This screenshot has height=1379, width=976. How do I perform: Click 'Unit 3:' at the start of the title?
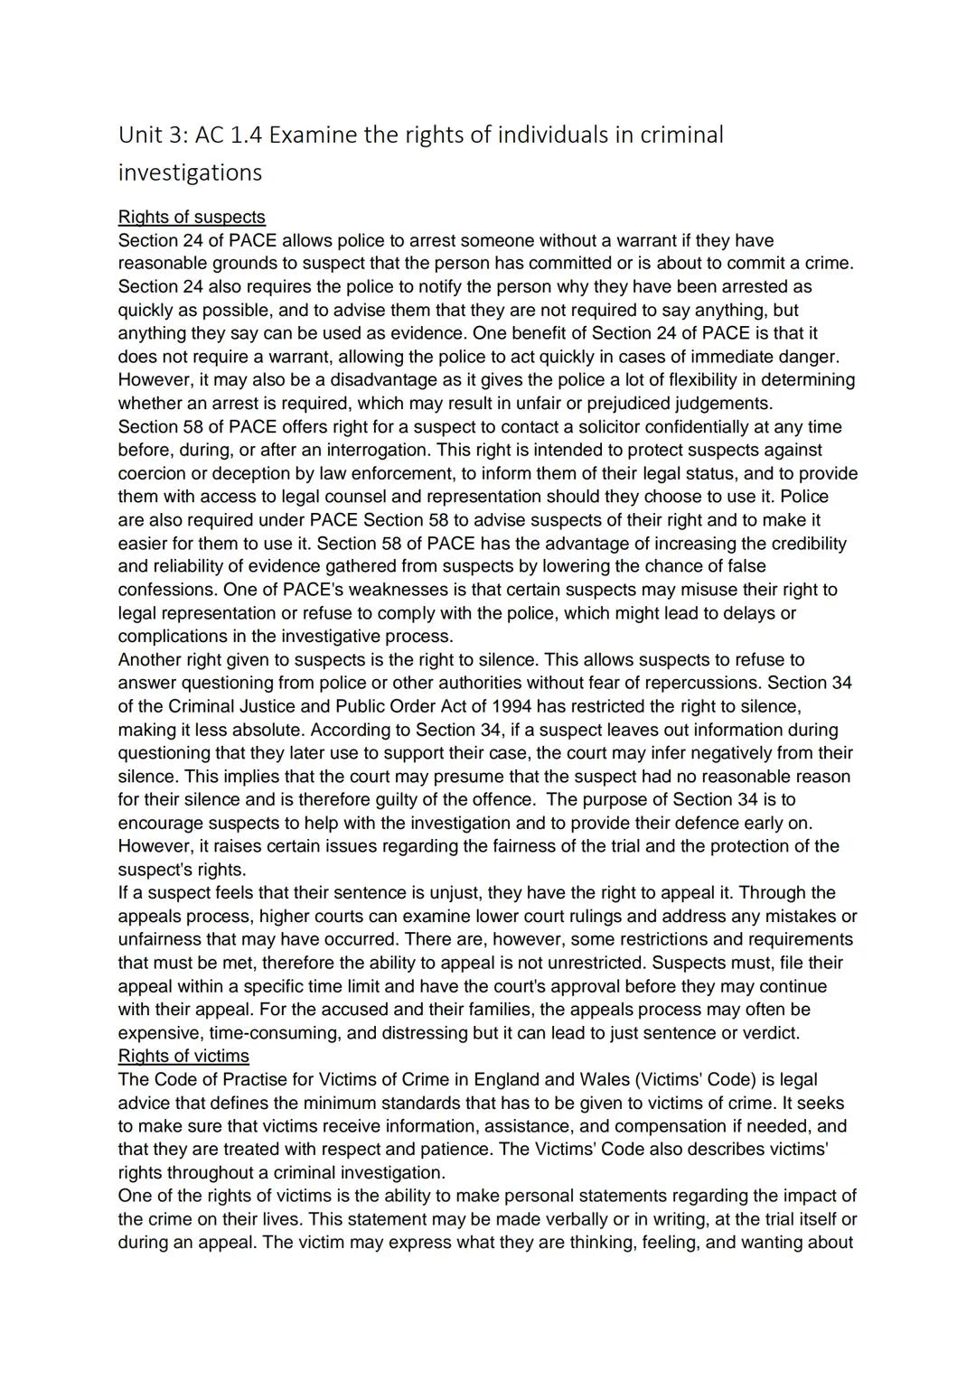click(145, 135)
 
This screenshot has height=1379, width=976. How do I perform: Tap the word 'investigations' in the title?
click(190, 172)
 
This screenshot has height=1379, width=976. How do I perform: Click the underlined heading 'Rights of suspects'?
click(192, 217)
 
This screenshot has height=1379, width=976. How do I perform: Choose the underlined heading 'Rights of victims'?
click(183, 1056)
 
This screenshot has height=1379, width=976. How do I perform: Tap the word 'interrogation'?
click(371, 450)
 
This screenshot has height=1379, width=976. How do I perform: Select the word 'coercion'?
click(153, 473)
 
